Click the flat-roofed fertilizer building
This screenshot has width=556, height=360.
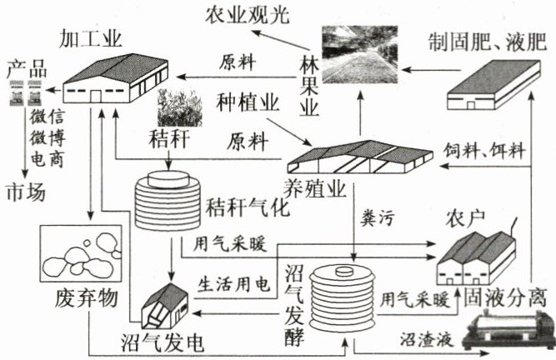(493, 90)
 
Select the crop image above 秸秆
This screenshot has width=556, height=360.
(176, 108)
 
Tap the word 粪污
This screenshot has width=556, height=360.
(377, 218)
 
